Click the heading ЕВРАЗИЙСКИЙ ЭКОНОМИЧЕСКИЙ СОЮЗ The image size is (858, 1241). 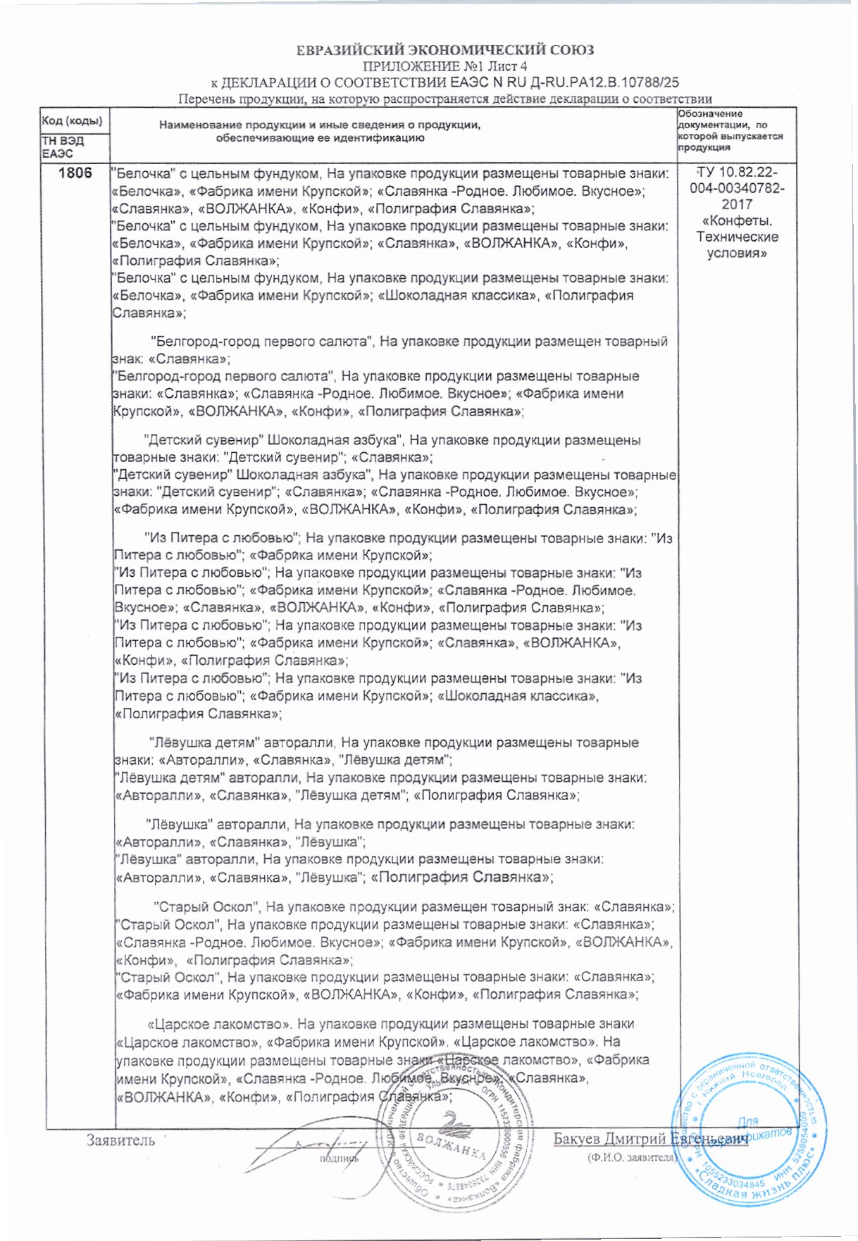pyautogui.click(x=444, y=50)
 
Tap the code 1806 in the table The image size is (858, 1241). pyautogui.click(x=75, y=173)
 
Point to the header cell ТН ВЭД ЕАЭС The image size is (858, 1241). pyautogui.click(x=63, y=147)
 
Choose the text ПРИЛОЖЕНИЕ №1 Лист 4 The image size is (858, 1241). pyautogui.click(x=444, y=67)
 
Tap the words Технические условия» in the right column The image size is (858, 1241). pyautogui.click(x=737, y=245)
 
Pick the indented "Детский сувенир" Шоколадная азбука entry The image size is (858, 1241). pyautogui.click(x=272, y=440)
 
